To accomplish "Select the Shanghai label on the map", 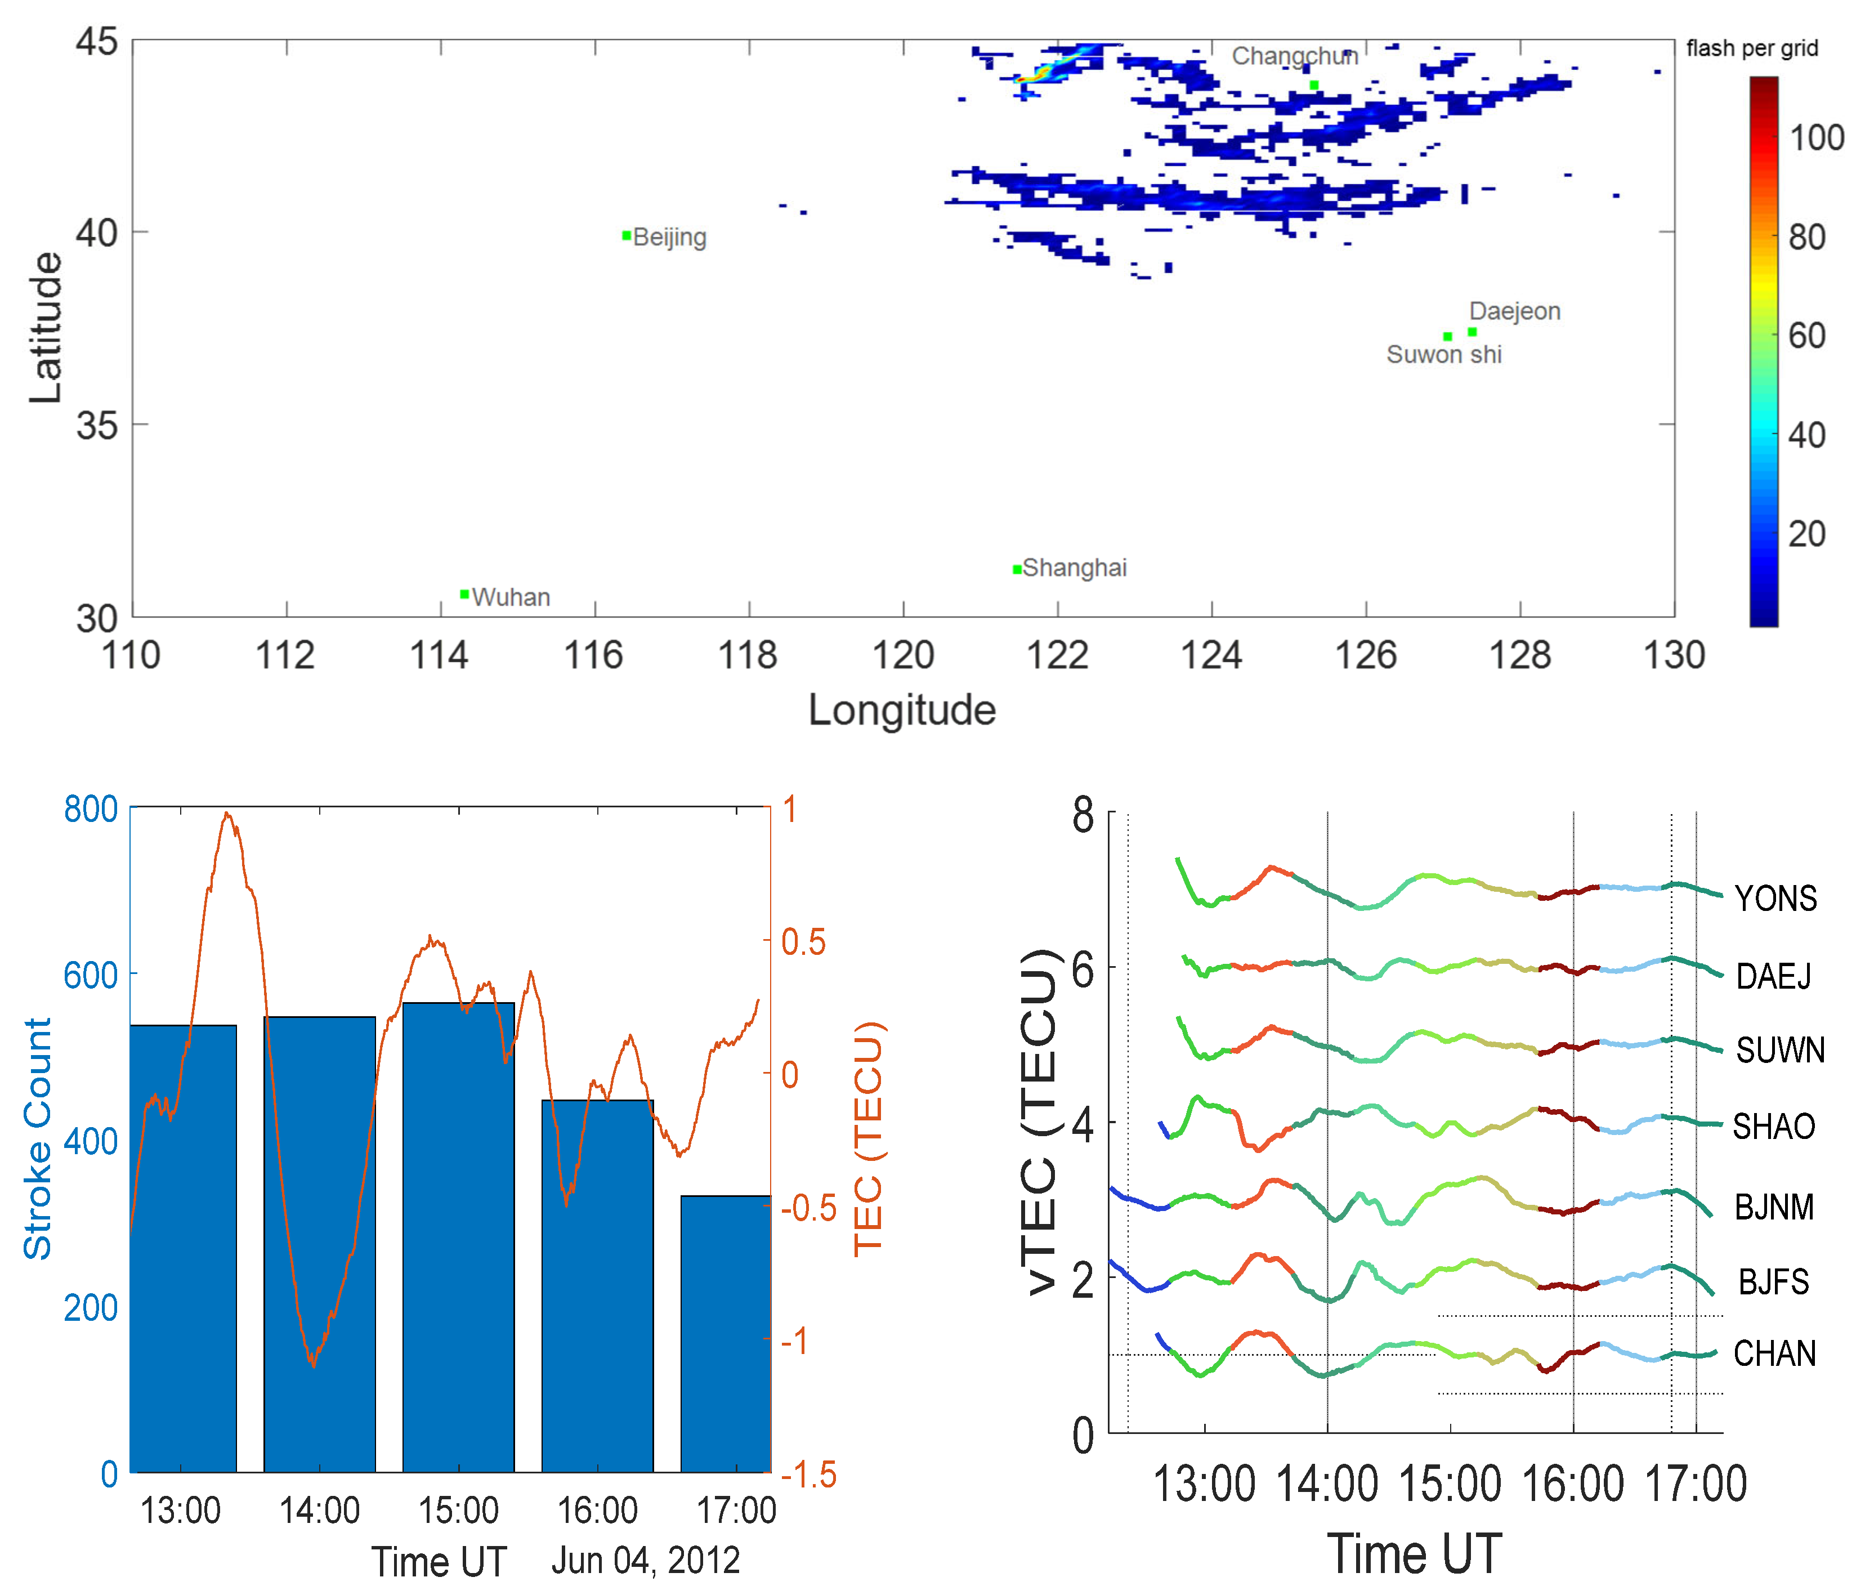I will [1074, 568].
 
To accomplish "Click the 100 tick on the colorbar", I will [1815, 138].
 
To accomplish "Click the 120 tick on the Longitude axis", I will [903, 655].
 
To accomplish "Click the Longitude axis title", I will [901, 710].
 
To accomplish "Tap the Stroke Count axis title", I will [38, 1138].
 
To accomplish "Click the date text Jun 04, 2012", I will [645, 1560].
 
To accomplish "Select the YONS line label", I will [1775, 899].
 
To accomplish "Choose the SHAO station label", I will [1773, 1126].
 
